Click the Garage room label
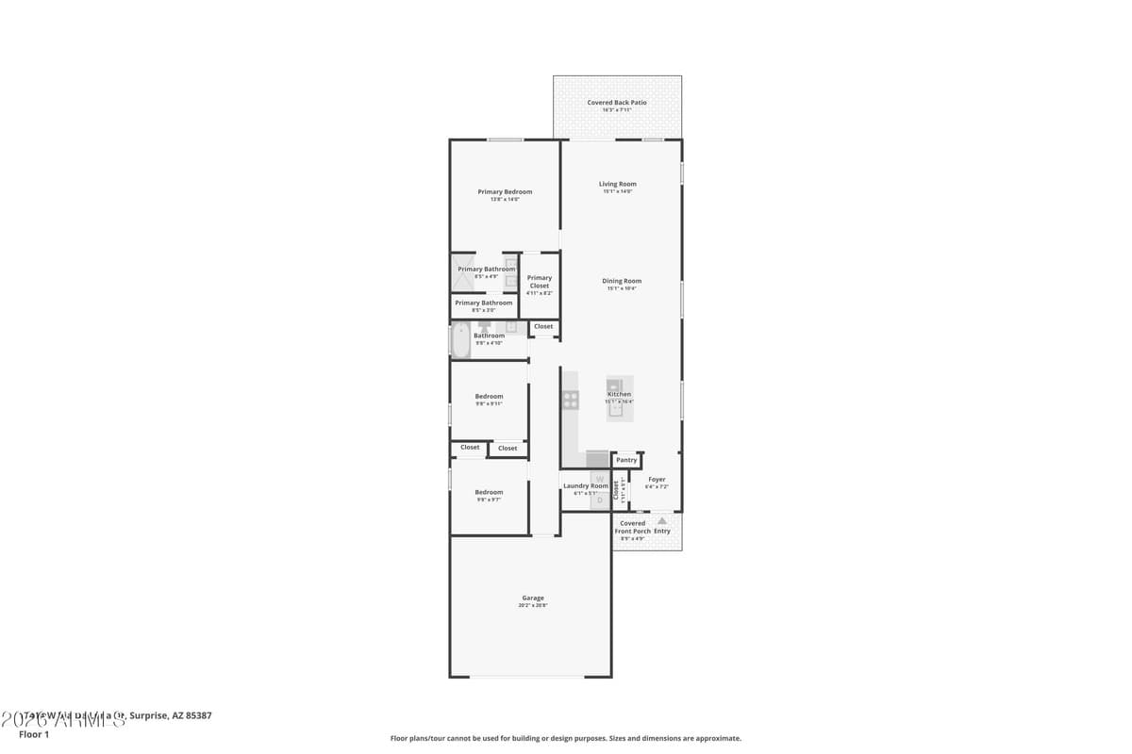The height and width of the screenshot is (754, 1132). (533, 598)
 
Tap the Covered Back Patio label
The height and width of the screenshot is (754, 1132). (617, 103)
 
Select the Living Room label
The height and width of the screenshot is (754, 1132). (617, 184)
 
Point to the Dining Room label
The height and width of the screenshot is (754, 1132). (622, 281)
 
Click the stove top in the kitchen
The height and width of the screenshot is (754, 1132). (571, 400)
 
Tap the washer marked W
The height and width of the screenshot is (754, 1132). (599, 479)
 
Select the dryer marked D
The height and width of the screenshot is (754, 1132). (599, 500)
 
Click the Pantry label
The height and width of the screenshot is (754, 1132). (626, 460)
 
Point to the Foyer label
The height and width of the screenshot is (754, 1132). (657, 480)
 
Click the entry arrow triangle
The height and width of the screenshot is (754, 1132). (662, 520)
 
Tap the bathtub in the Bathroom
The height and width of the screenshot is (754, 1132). (460, 340)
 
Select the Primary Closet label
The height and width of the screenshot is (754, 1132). (540, 281)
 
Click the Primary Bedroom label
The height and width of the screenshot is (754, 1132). (505, 191)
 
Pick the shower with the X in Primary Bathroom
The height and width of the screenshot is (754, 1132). (463, 270)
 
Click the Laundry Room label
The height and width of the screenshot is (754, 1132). (586, 485)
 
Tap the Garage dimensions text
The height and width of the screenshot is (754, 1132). (533, 605)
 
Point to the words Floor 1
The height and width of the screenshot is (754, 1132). (33, 734)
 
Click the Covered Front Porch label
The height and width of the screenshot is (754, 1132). (632, 527)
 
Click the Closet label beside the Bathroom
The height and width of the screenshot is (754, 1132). (543, 326)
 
